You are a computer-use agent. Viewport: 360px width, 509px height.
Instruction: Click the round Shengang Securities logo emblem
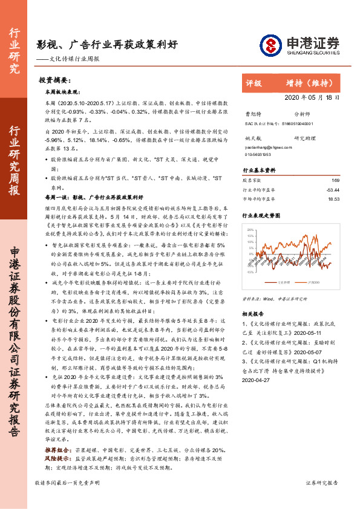pos(270,44)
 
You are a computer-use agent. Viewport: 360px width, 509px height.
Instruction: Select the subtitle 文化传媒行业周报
pos(78,59)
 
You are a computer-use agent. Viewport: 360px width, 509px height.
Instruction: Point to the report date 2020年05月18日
pos(312,97)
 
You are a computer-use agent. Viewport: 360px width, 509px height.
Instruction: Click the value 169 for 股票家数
pos(336,180)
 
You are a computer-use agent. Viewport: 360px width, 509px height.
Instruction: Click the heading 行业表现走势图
pos(261,215)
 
